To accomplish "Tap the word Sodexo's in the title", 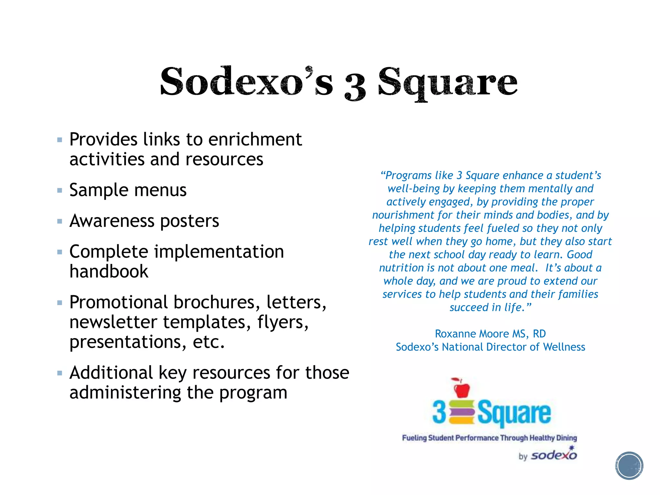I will tap(247, 81).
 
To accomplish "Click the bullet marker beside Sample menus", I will tap(60, 190).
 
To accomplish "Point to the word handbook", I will tap(109, 271).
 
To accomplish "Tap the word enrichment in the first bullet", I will tap(255, 140).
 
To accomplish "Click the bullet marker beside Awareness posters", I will tap(60, 221).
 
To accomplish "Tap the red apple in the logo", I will tap(461, 388).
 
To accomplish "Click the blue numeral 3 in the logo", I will tap(439, 412).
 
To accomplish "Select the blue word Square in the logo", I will tap(514, 413).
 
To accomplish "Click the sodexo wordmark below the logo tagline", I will tap(554, 455).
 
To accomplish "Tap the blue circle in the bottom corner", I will tap(629, 466).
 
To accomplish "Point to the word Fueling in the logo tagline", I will tap(414, 438).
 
